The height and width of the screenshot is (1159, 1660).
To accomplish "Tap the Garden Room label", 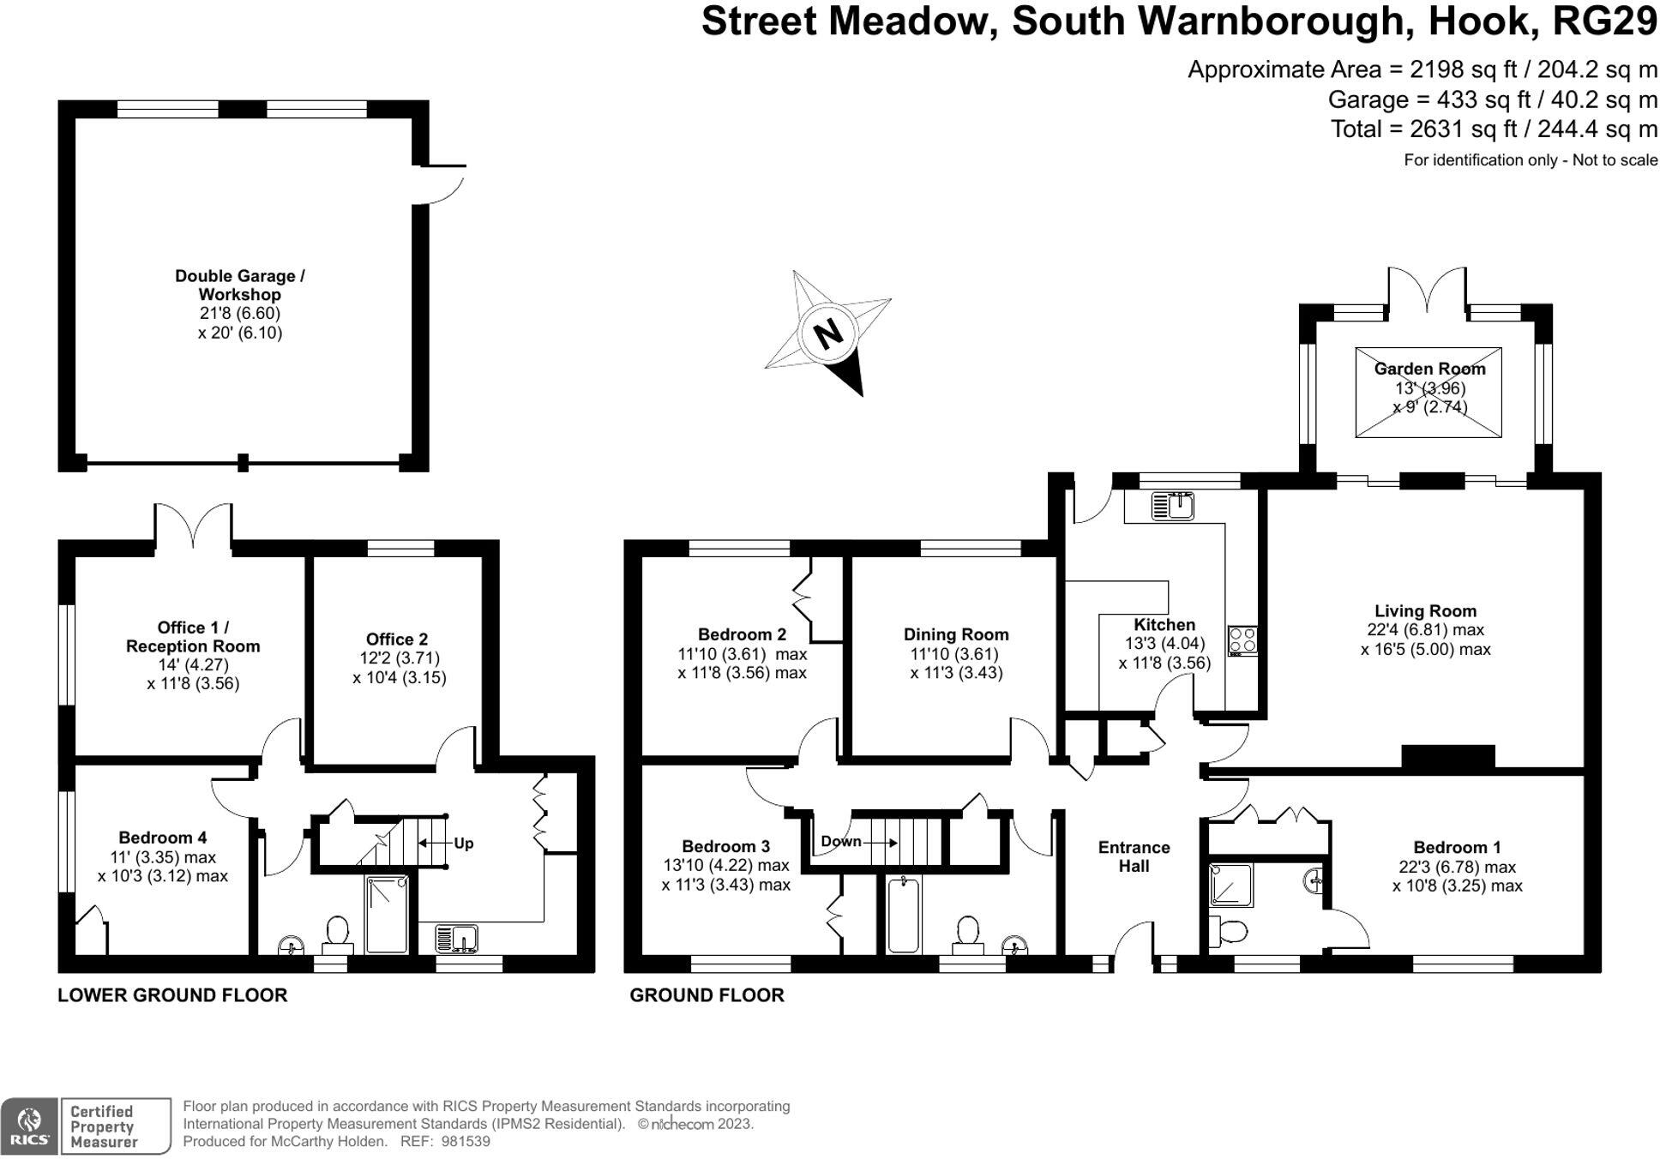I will pyautogui.click(x=1428, y=369).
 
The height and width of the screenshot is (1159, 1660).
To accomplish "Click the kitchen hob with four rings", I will pyautogui.click(x=1242, y=640).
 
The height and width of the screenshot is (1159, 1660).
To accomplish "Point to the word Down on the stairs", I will pyautogui.click(x=840, y=841).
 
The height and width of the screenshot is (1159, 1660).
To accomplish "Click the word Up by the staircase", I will pyautogui.click(x=463, y=843).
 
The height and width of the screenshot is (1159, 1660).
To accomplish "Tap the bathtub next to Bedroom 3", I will pyautogui.click(x=903, y=915).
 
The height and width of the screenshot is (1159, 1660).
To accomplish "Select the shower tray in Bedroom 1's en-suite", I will pyautogui.click(x=1230, y=885).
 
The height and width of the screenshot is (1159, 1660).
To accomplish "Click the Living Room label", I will pyautogui.click(x=1425, y=610).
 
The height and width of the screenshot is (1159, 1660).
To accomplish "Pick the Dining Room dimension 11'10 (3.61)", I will pyautogui.click(x=955, y=653).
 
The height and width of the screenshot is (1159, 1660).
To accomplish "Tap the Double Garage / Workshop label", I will pyautogui.click(x=239, y=285).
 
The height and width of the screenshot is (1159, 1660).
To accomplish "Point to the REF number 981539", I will pyautogui.click(x=465, y=1141).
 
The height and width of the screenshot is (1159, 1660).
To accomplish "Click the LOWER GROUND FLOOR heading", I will pyautogui.click(x=172, y=994).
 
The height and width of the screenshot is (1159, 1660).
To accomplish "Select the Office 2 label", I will pyautogui.click(x=396, y=639).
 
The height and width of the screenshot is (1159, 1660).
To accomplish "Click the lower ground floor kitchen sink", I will pyautogui.click(x=456, y=937).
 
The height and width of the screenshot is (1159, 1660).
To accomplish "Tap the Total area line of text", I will pyautogui.click(x=1493, y=129).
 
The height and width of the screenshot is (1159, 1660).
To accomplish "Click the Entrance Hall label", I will pyautogui.click(x=1134, y=856).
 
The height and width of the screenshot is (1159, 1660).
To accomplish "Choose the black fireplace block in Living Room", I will pyautogui.click(x=1447, y=756).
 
